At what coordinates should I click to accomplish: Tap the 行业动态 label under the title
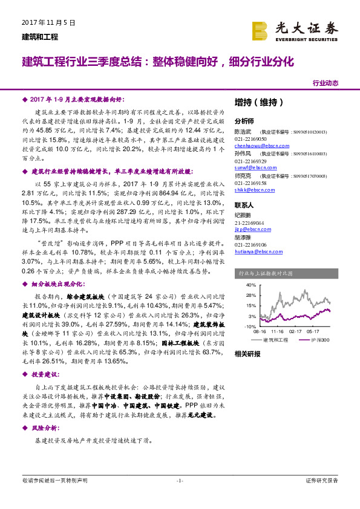tap(326, 83)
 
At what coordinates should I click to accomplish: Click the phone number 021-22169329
tap(250, 161)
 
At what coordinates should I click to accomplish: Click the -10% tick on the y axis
tap(250, 326)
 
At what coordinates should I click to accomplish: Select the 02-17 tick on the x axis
tap(296, 332)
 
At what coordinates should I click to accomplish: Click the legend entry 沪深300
tap(322, 340)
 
